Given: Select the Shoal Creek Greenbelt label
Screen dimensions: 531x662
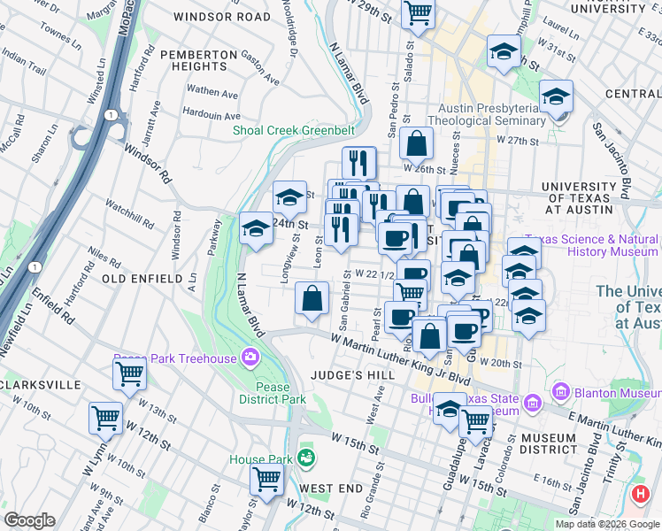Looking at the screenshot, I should [293, 131].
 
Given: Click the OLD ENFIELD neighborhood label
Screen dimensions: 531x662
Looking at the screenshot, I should [141, 279].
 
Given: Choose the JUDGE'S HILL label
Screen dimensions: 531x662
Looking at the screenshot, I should [352, 375].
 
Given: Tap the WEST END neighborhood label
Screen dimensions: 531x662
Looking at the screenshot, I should [330, 489].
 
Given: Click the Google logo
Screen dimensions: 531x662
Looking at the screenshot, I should [29, 520].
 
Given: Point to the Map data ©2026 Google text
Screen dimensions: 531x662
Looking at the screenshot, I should [607, 524].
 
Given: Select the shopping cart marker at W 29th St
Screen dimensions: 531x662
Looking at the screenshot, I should [417, 13].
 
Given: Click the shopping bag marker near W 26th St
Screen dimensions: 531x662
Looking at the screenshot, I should [415, 143].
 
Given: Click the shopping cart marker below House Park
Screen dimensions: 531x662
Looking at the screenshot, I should [266, 481].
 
